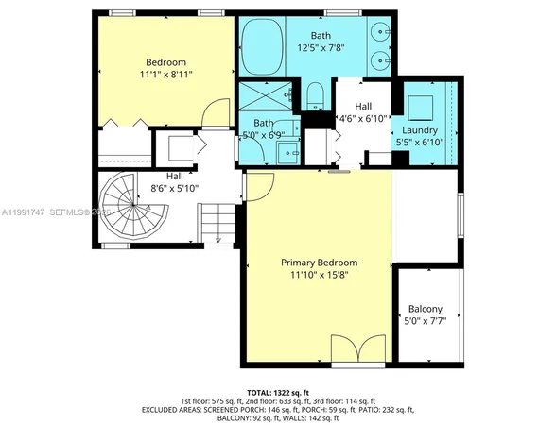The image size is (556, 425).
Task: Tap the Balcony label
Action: (426, 309)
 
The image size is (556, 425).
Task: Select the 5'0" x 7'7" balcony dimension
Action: (426, 321)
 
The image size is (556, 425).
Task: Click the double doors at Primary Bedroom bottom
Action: (357, 349)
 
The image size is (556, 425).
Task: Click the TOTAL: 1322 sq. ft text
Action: (278, 391)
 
